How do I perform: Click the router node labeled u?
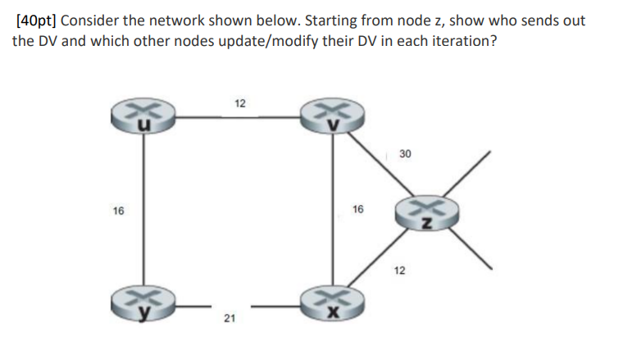pos(145,117)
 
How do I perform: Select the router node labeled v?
pos(331,117)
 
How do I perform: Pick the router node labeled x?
pos(331,306)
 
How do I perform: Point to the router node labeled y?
pos(145,306)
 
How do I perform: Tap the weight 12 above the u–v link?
pos(239,103)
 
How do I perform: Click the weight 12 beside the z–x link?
pos(399,271)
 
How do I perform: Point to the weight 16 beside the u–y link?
pos(119,212)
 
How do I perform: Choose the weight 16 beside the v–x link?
pos(357,212)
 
